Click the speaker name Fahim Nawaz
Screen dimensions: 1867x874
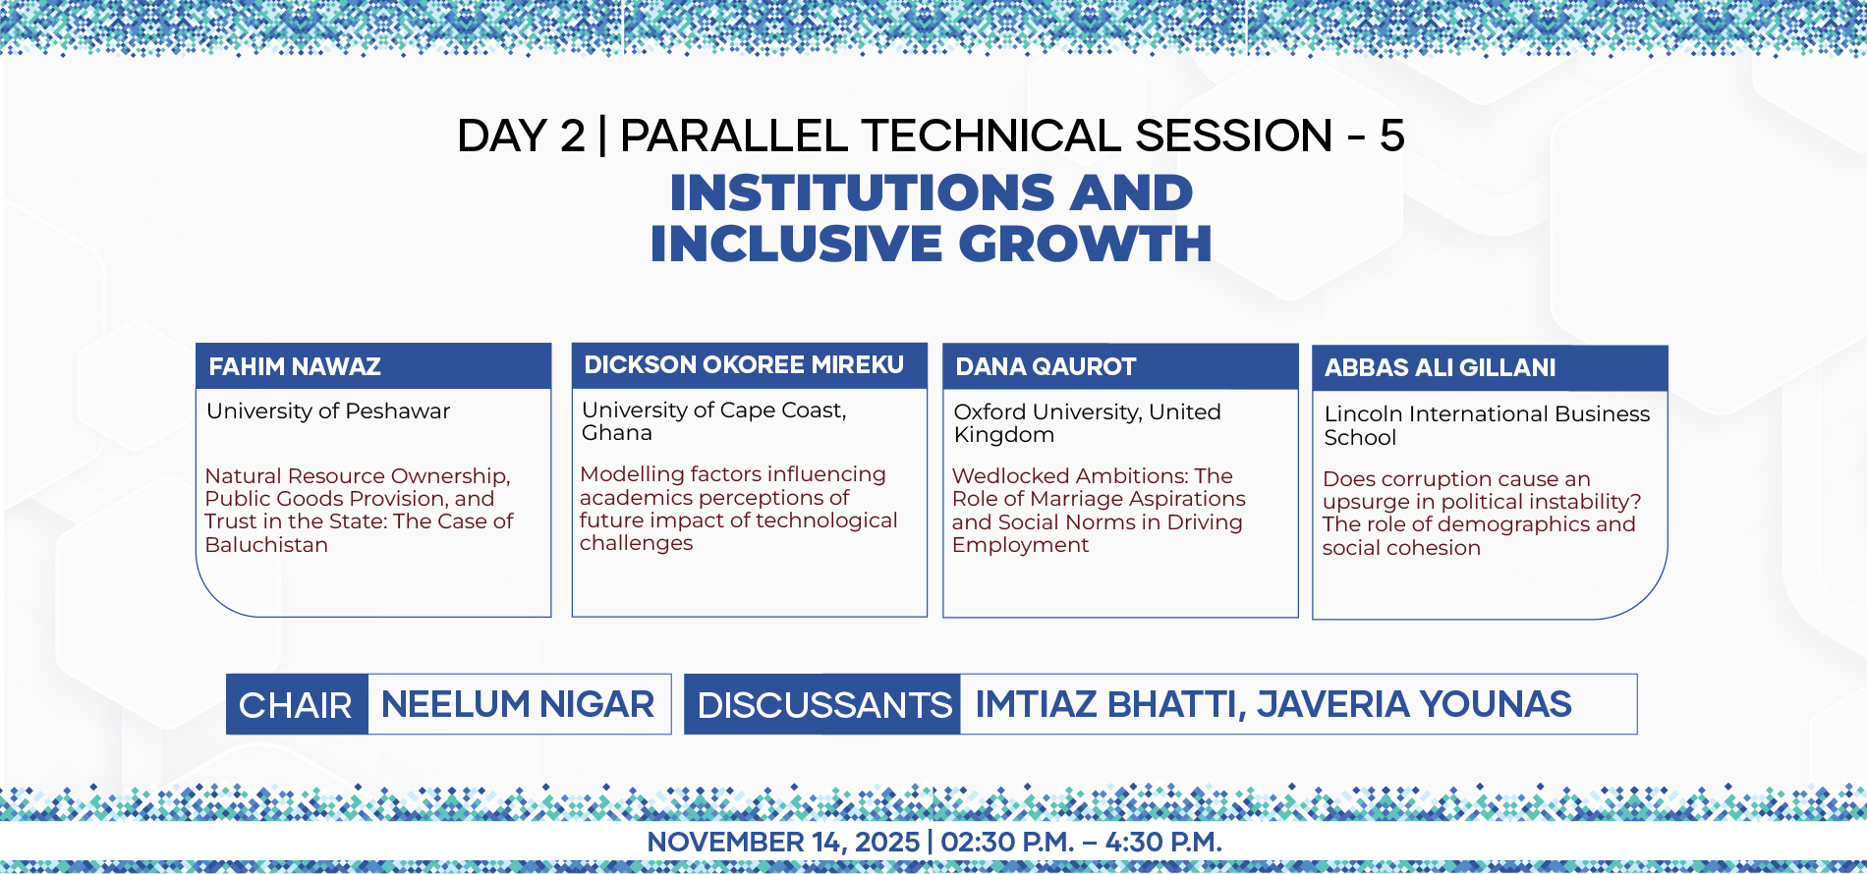(295, 367)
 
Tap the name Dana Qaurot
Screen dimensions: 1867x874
(1046, 367)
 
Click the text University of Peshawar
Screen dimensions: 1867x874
(328, 411)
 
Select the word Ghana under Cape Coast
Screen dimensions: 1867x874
(617, 433)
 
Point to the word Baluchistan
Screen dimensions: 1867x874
(266, 545)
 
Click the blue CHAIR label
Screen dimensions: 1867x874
(296, 705)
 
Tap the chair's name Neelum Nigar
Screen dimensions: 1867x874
(518, 704)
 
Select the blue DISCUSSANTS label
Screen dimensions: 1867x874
(824, 705)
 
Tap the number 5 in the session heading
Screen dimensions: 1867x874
(1391, 136)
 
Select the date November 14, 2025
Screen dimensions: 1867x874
(783, 843)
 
